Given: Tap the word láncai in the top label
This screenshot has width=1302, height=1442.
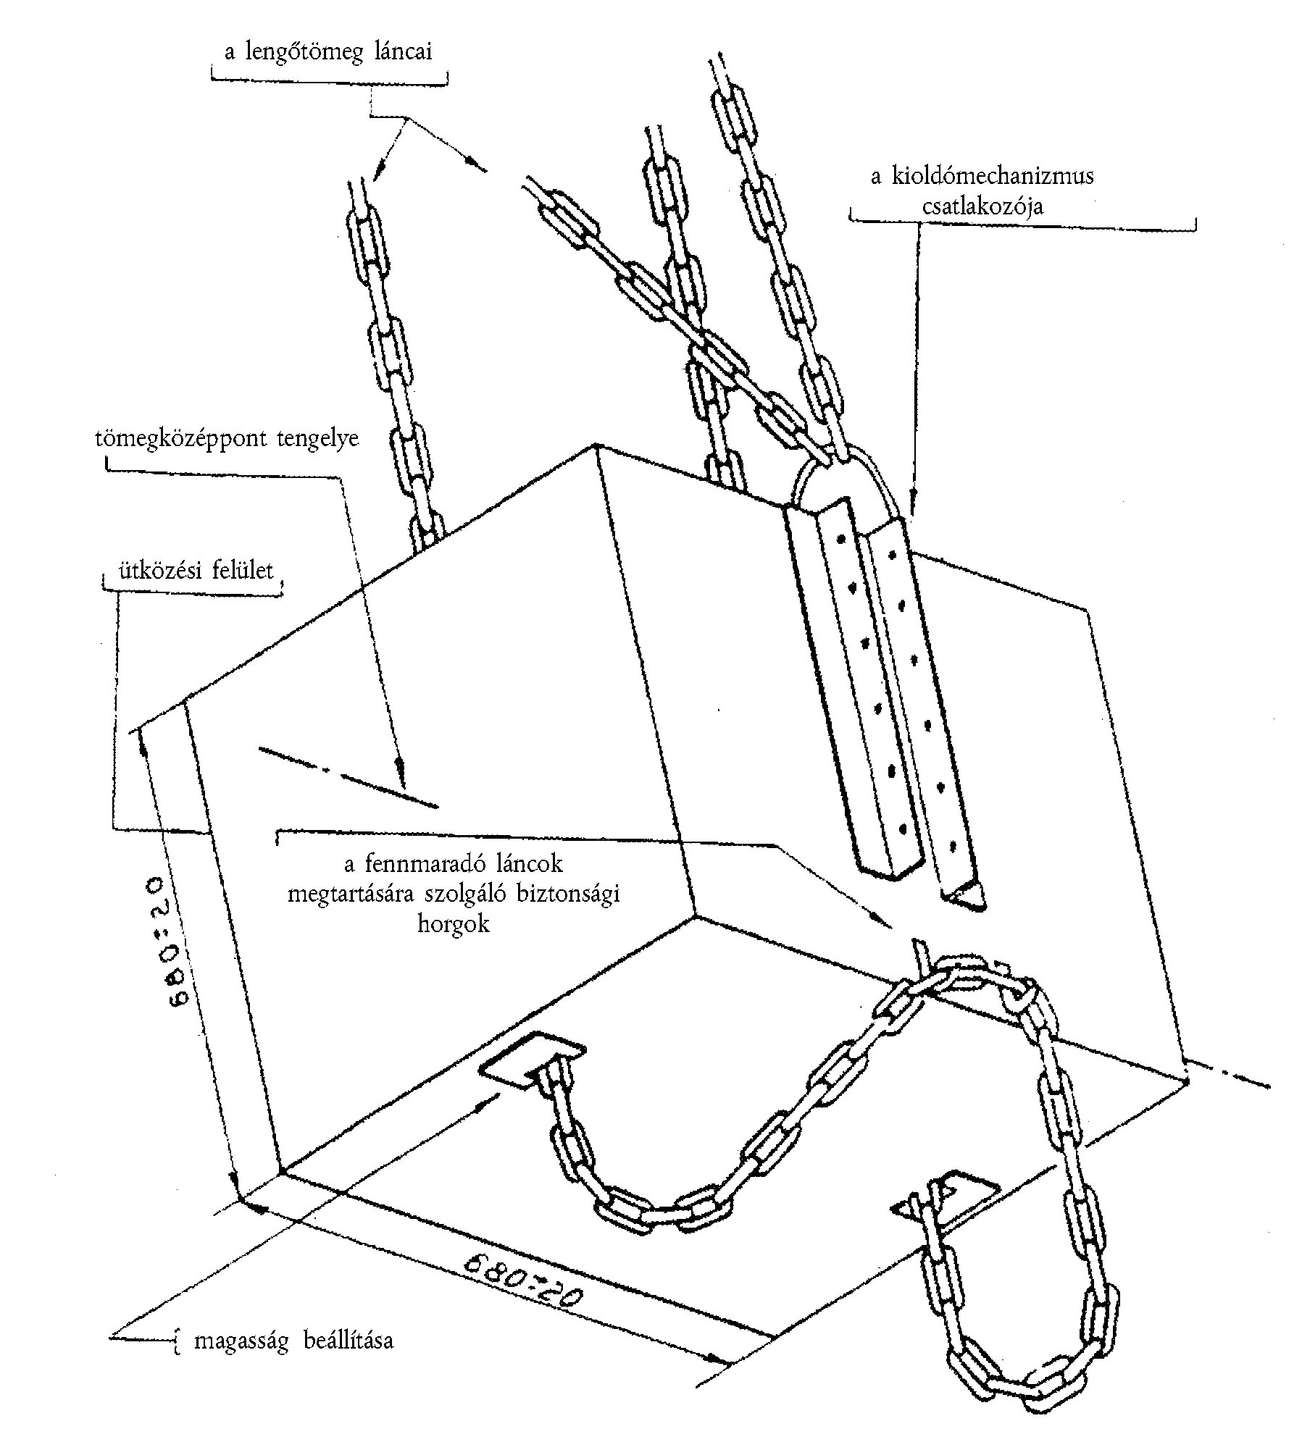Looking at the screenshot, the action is (401, 53).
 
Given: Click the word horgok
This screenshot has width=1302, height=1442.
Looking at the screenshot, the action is (454, 926).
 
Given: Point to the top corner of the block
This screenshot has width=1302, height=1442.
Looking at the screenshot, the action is (596, 444).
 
